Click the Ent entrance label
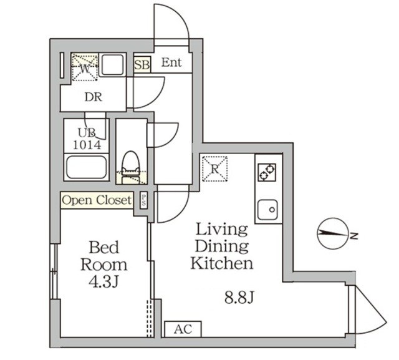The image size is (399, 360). click(172, 62)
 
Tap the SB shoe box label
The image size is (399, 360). click(142, 64)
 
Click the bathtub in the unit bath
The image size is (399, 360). click(87, 168)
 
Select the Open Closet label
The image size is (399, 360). click(97, 200)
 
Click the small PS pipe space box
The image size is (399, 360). click(144, 200)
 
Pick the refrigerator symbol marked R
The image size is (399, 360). click(214, 168)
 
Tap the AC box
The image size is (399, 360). click(179, 329)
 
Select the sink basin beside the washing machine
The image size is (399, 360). click(112, 66)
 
